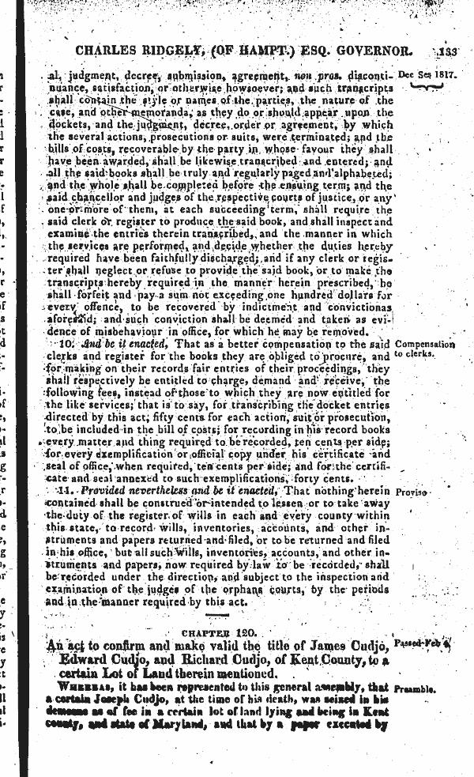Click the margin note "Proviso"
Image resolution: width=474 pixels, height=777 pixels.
coord(412,492)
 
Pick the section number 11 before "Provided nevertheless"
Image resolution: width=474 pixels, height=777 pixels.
coord(66,491)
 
